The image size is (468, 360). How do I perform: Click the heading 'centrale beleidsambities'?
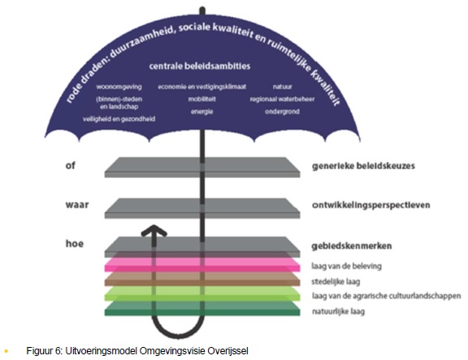200,66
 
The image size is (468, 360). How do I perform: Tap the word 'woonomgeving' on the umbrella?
119,87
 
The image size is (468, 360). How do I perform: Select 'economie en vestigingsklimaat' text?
202,87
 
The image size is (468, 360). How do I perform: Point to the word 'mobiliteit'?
202,99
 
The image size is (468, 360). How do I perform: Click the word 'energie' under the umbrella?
202,111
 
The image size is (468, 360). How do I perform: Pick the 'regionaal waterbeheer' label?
283,99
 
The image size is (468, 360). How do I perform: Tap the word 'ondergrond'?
283,111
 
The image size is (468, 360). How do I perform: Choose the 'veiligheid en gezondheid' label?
119,119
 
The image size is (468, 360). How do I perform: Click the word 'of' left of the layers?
70,165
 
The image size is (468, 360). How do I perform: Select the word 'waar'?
77,205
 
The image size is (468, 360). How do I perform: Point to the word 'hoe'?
74,244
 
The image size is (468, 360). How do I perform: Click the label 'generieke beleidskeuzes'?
363,166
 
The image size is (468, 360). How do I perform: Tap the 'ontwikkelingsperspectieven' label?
371,205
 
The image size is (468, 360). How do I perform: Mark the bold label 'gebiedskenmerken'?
352,245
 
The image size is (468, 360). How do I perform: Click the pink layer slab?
202,265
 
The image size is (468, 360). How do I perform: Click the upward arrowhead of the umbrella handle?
154,231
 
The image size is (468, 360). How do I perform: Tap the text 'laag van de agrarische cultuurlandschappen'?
387,296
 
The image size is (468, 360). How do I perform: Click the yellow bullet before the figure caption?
6,351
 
